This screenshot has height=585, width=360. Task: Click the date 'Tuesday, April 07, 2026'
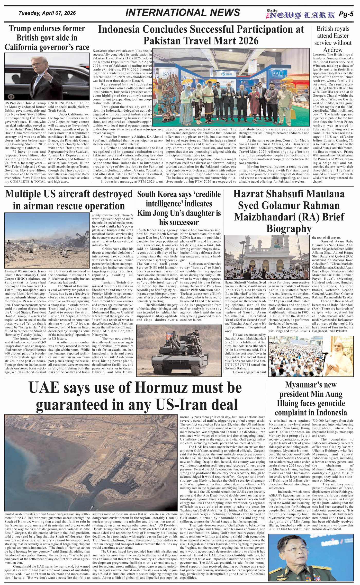point(47,13)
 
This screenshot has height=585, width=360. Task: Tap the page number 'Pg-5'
point(346,14)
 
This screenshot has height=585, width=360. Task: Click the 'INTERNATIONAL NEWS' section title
point(183,13)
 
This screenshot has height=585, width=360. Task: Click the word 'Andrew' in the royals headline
point(333,50)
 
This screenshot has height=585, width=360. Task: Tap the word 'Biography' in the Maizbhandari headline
point(289,228)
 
